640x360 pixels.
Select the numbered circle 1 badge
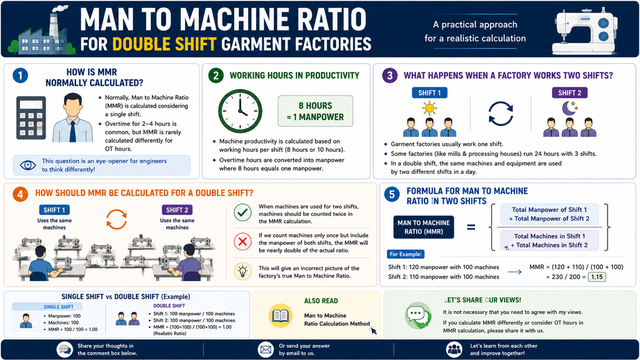coord(21,76)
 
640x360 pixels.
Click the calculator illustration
coord(31,118)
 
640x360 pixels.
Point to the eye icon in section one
coord(27,165)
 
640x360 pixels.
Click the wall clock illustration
coord(240,111)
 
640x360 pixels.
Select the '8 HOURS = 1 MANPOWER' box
coord(315,111)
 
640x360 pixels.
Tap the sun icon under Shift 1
coord(429,108)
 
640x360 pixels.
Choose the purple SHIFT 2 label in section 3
coord(569,92)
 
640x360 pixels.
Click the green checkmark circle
coord(242,212)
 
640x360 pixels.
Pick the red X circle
coord(242,242)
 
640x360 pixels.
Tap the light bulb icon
coord(242,271)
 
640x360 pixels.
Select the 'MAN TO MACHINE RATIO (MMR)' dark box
coord(424,227)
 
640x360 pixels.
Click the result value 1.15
coord(597,277)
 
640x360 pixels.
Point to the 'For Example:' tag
coord(405,254)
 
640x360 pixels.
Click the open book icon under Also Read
coord(281,316)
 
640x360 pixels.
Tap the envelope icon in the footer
coord(266,350)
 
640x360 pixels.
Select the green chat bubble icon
coord(418,315)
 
